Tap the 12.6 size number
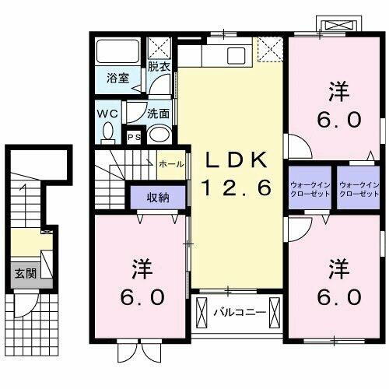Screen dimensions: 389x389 coord(237,187)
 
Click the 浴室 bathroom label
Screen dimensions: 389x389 coord(117,78)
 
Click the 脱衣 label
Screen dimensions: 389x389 coord(159,67)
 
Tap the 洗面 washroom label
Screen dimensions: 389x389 coord(159,113)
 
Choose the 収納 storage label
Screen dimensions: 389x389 coord(158,197)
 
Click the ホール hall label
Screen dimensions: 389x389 coord(171,164)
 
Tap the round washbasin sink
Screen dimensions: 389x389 coord(159,133)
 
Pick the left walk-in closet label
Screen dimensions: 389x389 coord(310,188)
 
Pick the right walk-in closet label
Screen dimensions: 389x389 coord(359,188)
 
